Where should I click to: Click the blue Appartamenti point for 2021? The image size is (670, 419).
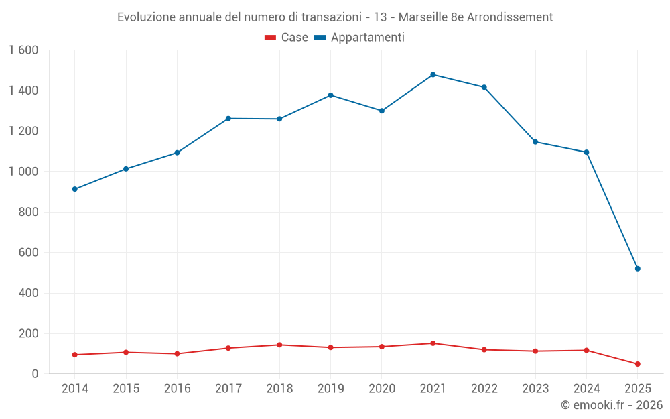coord(433,74)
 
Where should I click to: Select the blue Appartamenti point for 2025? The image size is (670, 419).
coord(637,269)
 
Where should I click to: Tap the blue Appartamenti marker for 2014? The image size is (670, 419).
coord(75,189)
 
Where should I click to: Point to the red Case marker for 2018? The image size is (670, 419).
coord(279,345)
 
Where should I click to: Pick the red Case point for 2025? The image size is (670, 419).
coord(637,364)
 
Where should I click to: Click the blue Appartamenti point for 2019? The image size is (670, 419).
coord(330,95)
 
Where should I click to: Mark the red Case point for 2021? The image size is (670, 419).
coord(433,343)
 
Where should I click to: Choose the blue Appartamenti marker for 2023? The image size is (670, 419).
coord(535,141)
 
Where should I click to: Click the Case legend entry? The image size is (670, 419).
coord(286,38)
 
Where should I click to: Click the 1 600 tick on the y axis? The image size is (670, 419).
coord(23,50)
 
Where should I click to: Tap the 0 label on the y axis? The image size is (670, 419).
coord(35,374)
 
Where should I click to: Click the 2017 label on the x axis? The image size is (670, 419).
coord(228,389)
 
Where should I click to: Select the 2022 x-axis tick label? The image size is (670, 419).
coord(484,389)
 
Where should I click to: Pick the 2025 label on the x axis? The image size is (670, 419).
coord(637,389)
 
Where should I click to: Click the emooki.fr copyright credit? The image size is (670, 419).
coord(611,405)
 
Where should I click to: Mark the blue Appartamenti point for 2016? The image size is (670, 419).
coord(177,153)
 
